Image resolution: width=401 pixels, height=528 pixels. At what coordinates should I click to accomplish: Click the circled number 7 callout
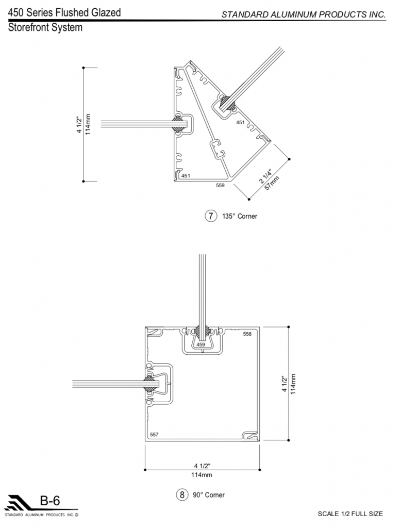coord(211,216)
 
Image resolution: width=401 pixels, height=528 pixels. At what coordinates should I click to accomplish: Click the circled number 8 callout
coord(182,494)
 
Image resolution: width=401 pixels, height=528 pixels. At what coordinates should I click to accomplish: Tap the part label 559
coord(220,185)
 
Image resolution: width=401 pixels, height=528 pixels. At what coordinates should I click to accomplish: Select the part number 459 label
coord(201,344)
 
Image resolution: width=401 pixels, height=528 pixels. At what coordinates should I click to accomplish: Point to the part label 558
coord(247,334)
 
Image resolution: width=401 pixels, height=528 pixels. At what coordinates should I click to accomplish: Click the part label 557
coord(154,434)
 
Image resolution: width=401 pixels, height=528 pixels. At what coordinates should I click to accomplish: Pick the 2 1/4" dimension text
coord(265,176)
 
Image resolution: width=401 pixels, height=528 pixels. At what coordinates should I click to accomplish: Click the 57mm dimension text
coord(272,183)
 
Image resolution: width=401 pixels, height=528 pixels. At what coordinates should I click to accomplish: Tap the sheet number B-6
coord(50,501)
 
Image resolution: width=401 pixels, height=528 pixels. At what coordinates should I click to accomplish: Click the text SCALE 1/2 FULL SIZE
coord(350,514)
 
